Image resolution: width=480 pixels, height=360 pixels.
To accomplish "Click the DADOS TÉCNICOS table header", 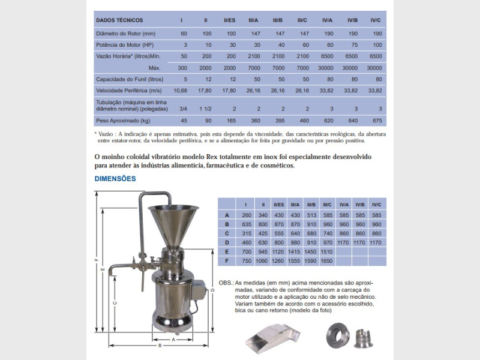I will pos(118,20).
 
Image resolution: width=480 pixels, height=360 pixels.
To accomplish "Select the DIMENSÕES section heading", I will pos(115,179).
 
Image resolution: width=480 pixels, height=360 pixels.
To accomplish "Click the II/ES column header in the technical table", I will pos(230,20).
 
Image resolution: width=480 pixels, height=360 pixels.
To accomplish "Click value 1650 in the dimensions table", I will pos(327,262).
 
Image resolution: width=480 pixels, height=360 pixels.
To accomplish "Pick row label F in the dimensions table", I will pos(227,262).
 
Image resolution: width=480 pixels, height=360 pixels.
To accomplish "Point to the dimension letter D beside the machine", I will pos(214,291).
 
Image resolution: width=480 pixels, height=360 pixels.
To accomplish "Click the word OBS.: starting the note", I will pos(226,282).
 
